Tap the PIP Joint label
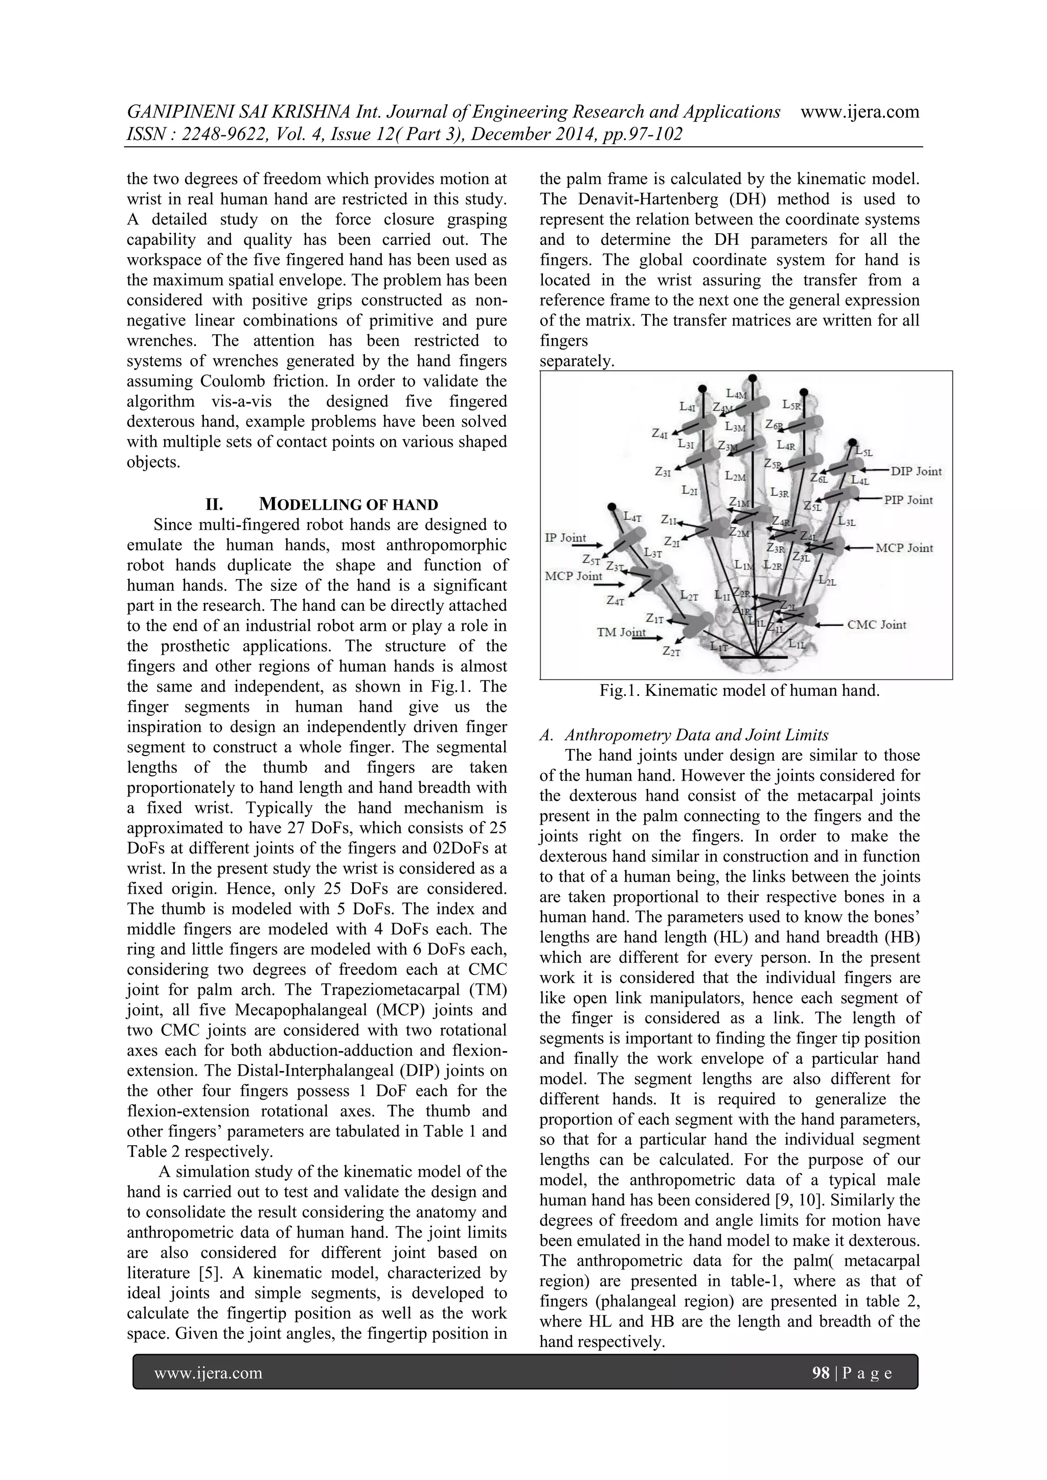point(908,500)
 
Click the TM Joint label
point(621,632)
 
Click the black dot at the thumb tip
point(612,507)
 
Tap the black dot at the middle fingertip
point(752,378)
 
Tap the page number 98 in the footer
point(820,1373)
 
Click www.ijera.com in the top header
point(859,112)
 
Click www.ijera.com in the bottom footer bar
point(208,1373)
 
